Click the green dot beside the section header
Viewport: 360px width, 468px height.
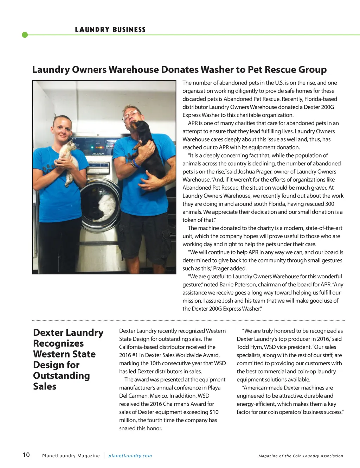(25, 35)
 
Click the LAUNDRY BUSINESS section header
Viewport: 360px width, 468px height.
(110, 30)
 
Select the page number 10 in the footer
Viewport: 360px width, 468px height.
(26, 455)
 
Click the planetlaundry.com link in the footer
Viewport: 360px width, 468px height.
(130, 456)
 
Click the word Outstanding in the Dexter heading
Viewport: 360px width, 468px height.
(62, 376)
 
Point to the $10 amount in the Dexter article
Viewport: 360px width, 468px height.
(214, 412)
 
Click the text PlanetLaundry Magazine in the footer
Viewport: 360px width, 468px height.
(71, 456)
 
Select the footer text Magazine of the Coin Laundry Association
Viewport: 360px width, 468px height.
(301, 456)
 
